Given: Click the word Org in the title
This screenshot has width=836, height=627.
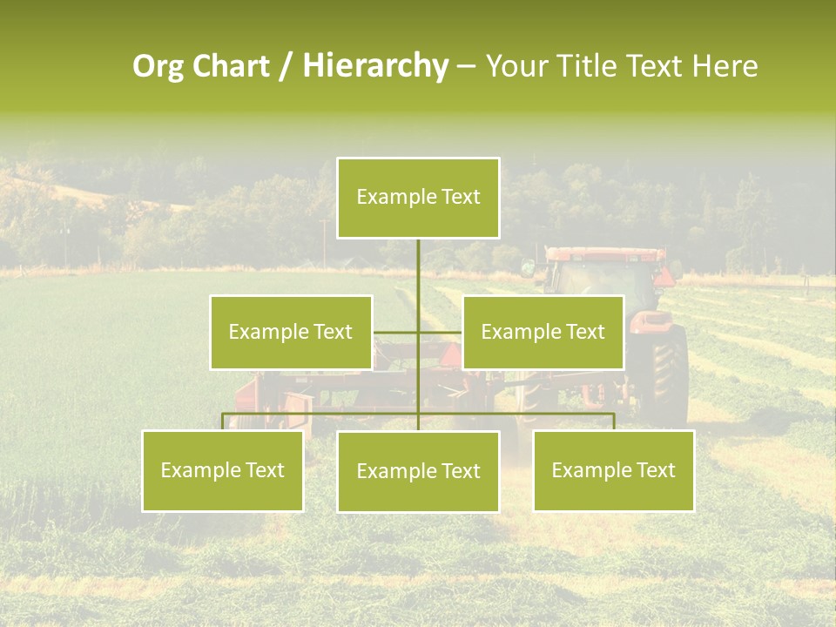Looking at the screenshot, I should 157,66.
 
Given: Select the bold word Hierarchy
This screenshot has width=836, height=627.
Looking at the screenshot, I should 374,66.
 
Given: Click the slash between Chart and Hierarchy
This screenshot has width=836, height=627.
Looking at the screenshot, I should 286,66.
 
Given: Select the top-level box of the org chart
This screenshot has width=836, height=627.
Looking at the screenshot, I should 418,198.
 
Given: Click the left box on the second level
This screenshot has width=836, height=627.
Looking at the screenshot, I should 291,332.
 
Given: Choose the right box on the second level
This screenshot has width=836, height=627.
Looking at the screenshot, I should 543,332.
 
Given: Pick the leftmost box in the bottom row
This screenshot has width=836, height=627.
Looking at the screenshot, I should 223,470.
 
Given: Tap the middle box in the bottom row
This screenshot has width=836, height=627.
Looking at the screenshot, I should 418,471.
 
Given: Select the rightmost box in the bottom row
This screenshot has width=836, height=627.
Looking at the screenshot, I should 613,470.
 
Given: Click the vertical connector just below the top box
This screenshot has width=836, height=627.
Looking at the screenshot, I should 418,261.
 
